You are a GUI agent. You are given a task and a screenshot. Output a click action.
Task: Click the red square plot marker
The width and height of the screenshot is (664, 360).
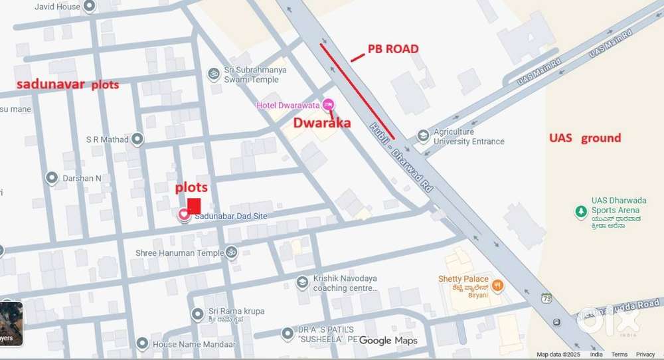click(x=194, y=206)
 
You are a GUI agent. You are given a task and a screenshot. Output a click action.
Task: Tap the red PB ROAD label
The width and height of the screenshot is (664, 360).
click(x=394, y=49)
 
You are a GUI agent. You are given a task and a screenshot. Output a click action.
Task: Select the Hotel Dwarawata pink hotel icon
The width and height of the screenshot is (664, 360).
click(x=329, y=105)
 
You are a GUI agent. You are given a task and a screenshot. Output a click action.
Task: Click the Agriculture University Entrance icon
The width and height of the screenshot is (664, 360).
click(x=423, y=135)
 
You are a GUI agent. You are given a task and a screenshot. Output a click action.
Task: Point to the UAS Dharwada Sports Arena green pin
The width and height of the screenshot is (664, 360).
click(x=581, y=211)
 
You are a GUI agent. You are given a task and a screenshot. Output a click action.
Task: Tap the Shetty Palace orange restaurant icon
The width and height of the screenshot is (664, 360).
click(x=497, y=286)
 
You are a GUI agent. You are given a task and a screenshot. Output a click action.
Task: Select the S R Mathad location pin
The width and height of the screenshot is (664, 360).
click(x=137, y=139)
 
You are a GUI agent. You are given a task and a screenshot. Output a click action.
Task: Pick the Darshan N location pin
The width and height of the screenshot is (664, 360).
click(x=52, y=177)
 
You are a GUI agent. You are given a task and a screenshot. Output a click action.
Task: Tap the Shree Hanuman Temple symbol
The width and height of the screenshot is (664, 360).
click(x=232, y=252)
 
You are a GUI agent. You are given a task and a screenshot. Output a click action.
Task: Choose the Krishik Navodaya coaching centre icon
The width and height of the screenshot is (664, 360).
click(x=303, y=284)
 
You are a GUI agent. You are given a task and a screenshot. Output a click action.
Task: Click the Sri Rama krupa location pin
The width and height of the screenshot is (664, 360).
click(x=197, y=314)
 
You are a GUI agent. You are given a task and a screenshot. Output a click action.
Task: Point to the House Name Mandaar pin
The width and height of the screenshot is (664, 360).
click(x=141, y=343)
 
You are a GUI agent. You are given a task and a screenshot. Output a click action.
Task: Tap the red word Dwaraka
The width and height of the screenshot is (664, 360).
click(x=322, y=122)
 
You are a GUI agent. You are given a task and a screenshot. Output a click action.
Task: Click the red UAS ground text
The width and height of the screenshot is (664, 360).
click(x=584, y=138)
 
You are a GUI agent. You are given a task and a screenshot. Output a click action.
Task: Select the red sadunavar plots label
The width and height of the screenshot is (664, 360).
click(x=67, y=84)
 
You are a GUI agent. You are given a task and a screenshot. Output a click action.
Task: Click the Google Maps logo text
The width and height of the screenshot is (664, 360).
click(x=388, y=341)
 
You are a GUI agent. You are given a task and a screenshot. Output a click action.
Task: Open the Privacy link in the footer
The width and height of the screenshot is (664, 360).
click(x=645, y=355)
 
